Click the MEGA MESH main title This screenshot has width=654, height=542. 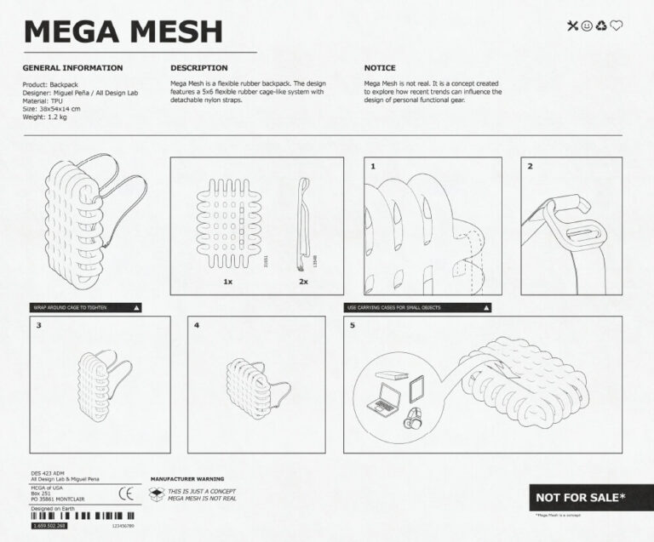[123, 31]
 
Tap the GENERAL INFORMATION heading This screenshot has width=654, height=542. [72, 68]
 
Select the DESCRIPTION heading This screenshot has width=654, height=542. [198, 68]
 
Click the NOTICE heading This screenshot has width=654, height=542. [380, 68]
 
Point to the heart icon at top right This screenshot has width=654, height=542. [617, 26]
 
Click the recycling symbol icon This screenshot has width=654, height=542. [601, 26]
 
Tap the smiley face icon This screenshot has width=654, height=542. [587, 26]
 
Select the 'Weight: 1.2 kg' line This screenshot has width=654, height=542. [46, 117]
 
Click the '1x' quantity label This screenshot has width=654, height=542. [228, 281]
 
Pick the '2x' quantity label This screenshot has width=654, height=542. [303, 281]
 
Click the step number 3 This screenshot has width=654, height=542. [38, 325]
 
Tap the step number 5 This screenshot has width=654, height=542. [353, 325]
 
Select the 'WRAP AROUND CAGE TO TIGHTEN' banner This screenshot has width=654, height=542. [86, 306]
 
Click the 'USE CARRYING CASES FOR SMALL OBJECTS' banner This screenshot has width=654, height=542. [418, 306]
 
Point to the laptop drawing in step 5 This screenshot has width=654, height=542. [384, 398]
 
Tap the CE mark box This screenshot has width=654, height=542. [126, 492]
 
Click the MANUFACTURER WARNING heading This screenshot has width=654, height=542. [186, 479]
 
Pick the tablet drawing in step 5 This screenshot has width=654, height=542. [417, 390]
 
